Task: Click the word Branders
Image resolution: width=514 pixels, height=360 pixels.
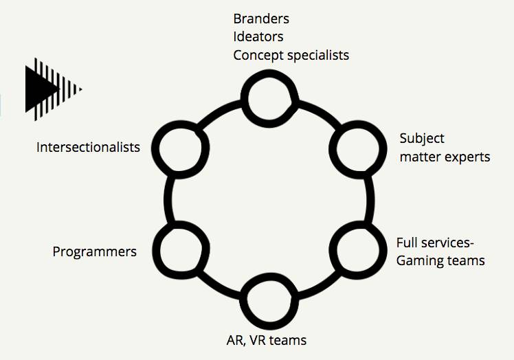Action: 261,19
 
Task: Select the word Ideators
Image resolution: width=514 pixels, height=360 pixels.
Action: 258,36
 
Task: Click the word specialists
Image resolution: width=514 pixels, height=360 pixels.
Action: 317,55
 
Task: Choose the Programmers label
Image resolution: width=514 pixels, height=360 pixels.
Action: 95,251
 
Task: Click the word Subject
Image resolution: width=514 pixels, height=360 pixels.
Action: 422,139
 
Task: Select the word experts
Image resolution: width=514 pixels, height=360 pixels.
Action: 467,157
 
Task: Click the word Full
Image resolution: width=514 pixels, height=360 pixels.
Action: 408,243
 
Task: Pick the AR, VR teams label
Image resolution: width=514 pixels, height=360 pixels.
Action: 266,339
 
